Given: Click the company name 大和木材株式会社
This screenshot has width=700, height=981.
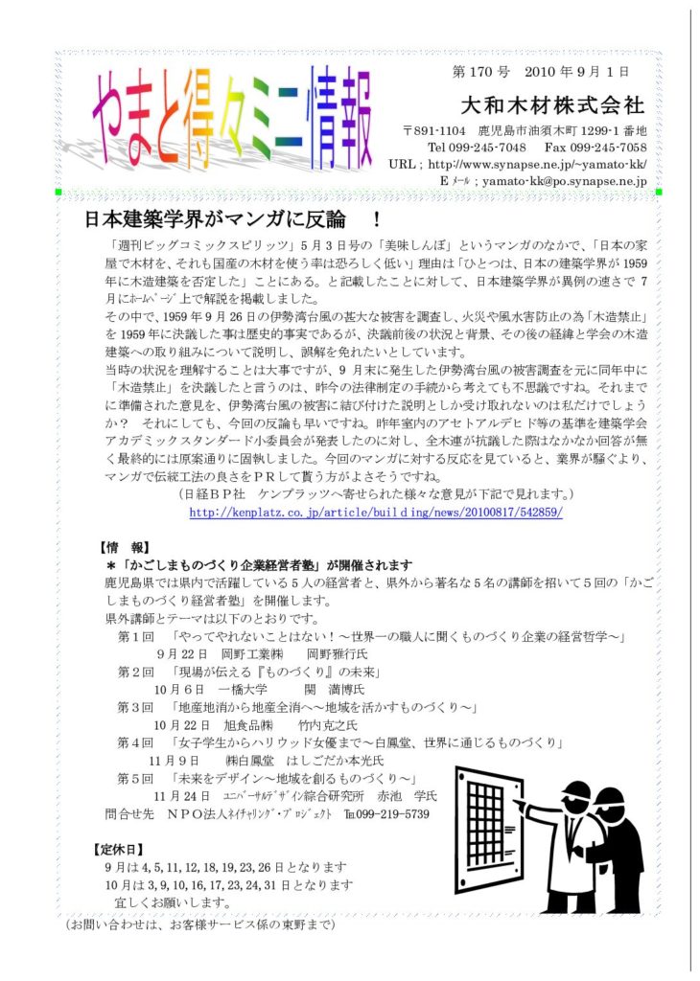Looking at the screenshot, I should [552, 103].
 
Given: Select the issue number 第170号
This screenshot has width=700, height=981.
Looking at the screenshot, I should [479, 73].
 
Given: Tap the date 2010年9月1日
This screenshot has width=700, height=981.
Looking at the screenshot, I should [575, 73].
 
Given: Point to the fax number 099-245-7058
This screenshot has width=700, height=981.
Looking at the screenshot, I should [608, 148].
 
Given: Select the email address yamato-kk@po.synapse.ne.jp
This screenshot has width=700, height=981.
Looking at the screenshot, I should [565, 180].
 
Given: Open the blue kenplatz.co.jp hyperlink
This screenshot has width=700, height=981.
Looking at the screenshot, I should [375, 513].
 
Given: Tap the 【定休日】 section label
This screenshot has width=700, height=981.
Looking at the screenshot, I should [119, 849].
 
